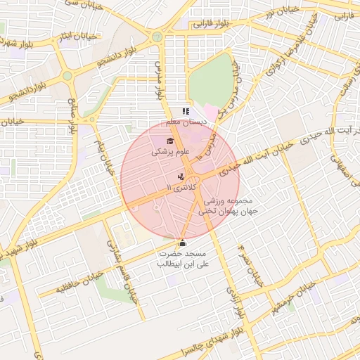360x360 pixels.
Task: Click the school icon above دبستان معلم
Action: tap(186, 111)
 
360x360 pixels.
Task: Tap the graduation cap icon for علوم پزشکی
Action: tap(169, 141)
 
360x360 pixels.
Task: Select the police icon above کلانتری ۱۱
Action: tap(181, 176)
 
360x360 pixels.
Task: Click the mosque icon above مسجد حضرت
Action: tap(183, 243)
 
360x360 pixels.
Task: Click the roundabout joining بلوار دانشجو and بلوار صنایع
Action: tap(67, 75)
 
